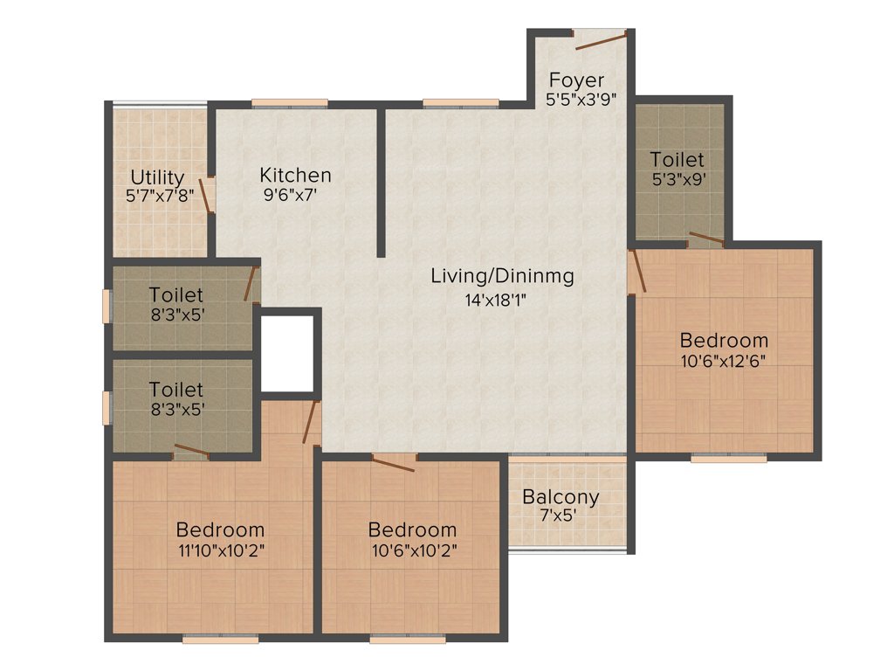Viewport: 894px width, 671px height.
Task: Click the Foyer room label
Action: point(574,80)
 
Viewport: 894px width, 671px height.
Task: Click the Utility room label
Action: point(157,178)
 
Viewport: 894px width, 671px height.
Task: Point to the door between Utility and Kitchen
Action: point(210,194)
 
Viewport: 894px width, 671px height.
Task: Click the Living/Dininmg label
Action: point(503,277)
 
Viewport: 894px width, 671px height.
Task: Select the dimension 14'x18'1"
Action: point(495,300)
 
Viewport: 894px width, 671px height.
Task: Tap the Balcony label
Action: point(560,497)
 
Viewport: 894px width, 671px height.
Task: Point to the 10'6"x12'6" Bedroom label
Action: point(724,340)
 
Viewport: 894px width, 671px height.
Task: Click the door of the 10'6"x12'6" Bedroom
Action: point(637,270)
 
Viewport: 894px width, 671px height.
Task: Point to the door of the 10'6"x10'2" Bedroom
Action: point(393,462)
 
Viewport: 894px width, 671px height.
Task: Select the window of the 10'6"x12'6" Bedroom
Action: point(728,457)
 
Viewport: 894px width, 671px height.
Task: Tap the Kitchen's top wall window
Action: point(290,103)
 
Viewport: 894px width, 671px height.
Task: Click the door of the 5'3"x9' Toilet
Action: point(705,238)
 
